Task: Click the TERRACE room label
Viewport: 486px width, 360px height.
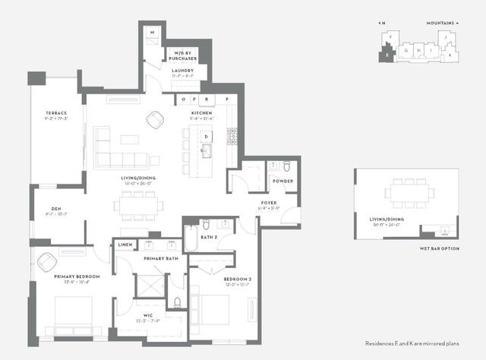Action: coord(56,112)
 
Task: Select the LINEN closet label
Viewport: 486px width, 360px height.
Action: coord(125,245)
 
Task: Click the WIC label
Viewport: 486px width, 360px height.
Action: coord(148,314)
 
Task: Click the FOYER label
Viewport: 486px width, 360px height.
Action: coord(270,203)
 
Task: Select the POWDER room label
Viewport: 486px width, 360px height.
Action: coord(283,181)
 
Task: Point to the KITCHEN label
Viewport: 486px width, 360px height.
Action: coord(201,113)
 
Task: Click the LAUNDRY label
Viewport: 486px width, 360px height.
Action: coord(182,71)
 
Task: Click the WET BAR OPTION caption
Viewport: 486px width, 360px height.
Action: coord(439,248)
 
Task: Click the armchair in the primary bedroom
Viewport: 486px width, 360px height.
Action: coord(46,261)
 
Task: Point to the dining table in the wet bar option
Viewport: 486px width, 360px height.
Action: coord(409,193)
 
